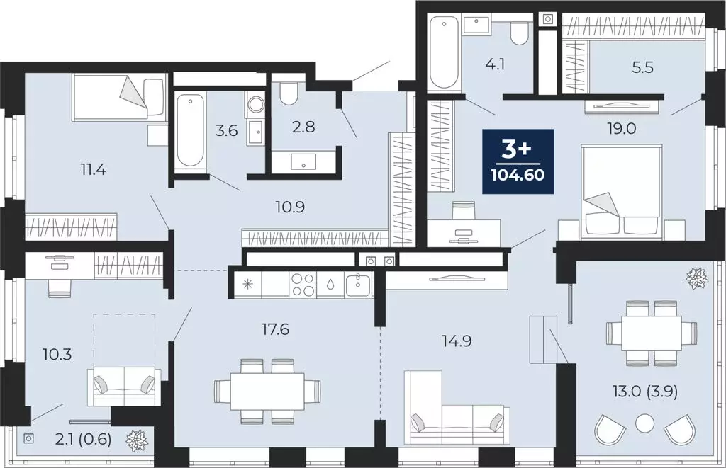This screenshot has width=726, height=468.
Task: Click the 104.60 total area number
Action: (x=517, y=175)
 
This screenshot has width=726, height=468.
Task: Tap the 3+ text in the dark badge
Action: (x=517, y=150)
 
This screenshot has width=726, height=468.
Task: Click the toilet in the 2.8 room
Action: (x=288, y=92)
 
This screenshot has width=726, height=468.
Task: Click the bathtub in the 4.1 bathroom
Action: (x=445, y=53)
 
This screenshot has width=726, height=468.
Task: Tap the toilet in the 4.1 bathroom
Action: (x=520, y=33)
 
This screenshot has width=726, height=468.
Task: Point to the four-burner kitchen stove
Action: (x=304, y=284)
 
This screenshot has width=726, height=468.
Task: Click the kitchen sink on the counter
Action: (x=358, y=285)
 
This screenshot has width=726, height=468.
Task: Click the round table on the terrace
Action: (x=644, y=424)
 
